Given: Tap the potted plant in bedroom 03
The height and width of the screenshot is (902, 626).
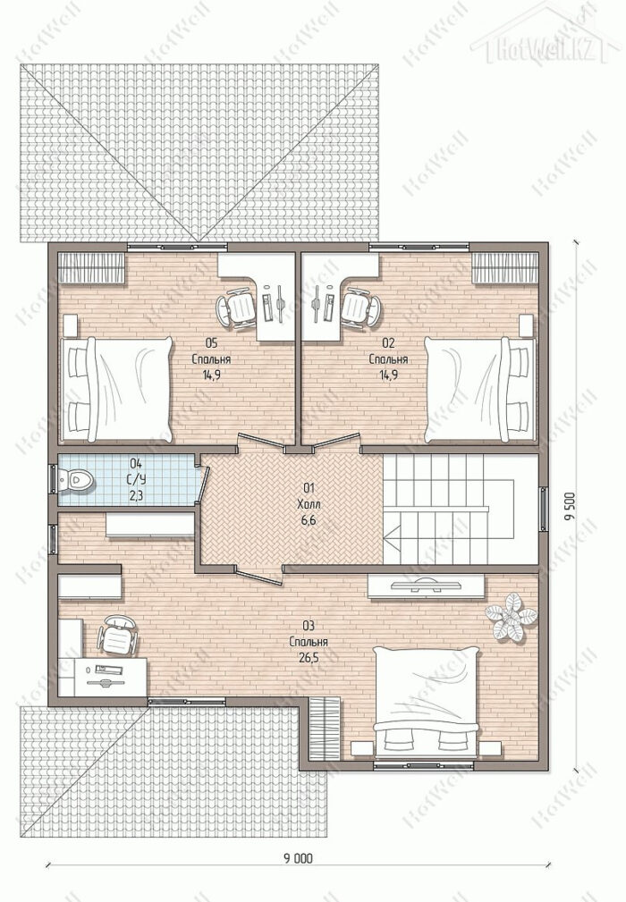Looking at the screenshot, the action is [511, 617].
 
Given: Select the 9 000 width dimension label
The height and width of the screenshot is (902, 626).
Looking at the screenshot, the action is [298, 858].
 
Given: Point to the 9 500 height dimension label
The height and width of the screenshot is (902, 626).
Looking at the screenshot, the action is [570, 506].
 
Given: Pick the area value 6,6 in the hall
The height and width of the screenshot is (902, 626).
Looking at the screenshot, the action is [309, 520].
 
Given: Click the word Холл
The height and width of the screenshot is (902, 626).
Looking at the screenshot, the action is [309, 504].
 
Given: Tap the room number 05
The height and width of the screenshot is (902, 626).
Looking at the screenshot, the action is [211, 343].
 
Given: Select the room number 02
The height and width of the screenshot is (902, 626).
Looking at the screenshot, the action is [388, 343].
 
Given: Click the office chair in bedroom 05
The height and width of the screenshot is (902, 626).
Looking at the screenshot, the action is [236, 309].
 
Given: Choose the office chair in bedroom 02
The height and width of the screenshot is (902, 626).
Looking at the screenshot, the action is [360, 309].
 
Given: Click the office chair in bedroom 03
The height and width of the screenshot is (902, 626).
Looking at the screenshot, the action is [118, 636].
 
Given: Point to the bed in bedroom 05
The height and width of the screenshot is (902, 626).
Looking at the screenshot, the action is [116, 390].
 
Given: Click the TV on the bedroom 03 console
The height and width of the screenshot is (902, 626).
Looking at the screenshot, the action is [425, 585].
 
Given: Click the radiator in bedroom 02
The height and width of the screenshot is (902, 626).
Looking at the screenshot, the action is [504, 268].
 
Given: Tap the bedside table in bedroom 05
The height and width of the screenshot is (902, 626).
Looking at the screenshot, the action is [70, 325].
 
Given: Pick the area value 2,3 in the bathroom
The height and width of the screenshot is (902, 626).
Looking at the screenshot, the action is [136, 496].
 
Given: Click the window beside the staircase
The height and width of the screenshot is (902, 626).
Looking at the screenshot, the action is [543, 508].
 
